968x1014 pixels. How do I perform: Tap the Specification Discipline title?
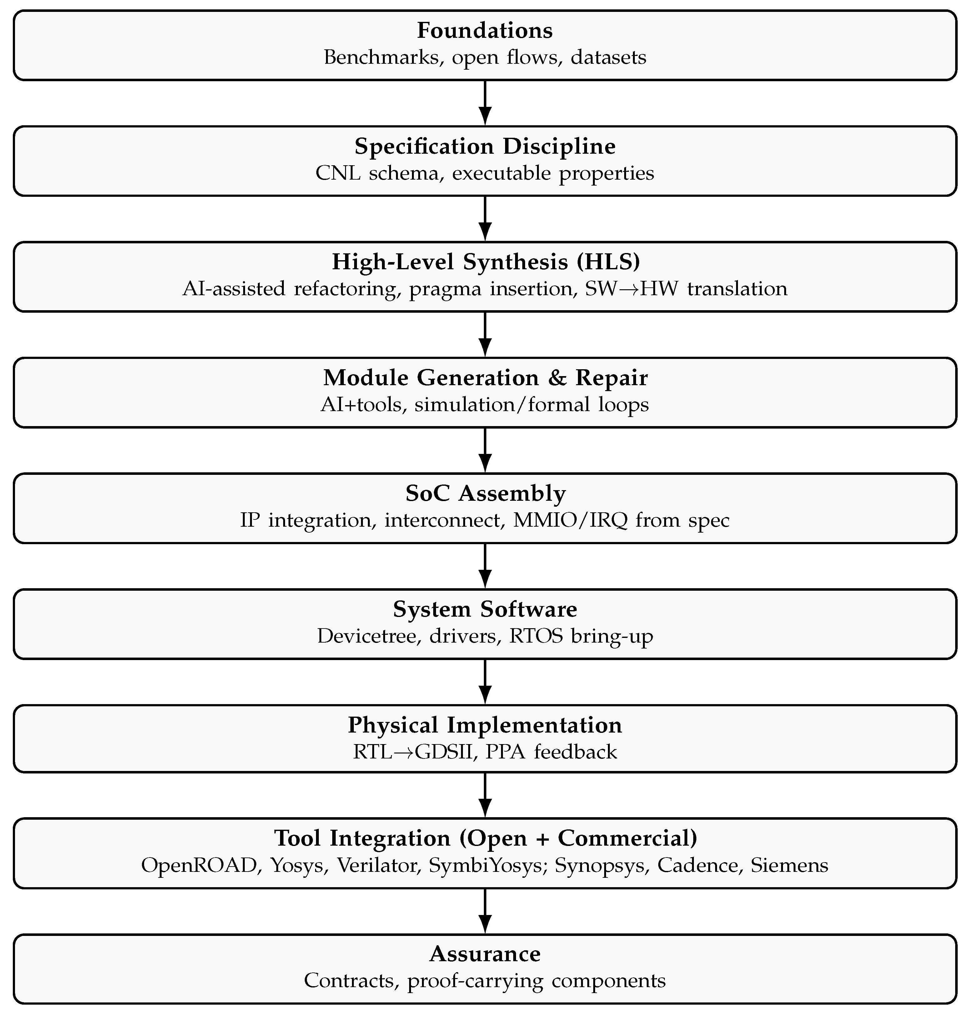click(484, 147)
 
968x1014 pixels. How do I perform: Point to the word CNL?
click(338, 173)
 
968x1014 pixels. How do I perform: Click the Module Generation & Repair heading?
click(484, 378)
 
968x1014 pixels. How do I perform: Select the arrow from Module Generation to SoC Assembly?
click(484, 450)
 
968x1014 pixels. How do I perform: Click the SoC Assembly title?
click(484, 494)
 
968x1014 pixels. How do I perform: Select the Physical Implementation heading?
click(484, 725)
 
